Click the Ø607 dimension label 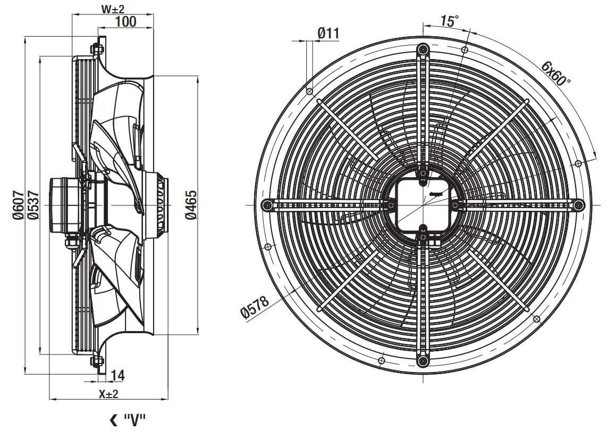pyautogui.click(x=18, y=205)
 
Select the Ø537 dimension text pyautogui.click(x=33, y=205)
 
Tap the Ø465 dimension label pyautogui.click(x=191, y=205)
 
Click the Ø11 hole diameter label pyautogui.click(x=328, y=34)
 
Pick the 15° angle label pyautogui.click(x=449, y=21)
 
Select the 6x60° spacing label pyautogui.click(x=556, y=73)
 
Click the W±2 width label pyautogui.click(x=113, y=9)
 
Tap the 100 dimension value pyautogui.click(x=126, y=22)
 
